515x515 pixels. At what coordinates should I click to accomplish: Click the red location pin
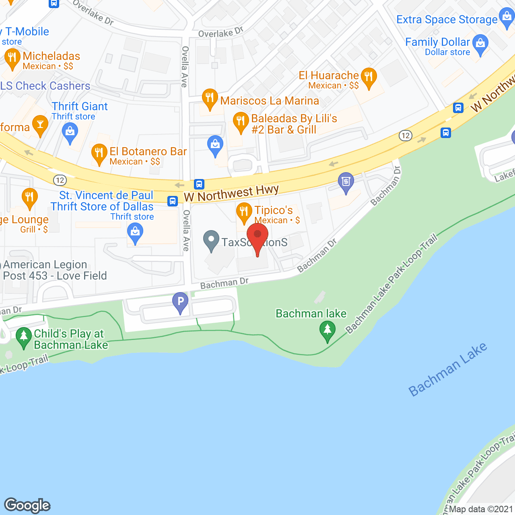(x=257, y=235)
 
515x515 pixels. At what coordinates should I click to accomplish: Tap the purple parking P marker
(x=180, y=301)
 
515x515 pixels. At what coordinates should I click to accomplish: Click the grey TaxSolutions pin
(x=211, y=240)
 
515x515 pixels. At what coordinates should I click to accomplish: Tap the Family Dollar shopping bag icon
(x=480, y=44)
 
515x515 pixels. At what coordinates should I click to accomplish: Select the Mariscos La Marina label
(x=270, y=101)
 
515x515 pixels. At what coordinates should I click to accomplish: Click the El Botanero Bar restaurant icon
(x=99, y=153)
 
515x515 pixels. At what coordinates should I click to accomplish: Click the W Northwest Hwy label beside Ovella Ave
(x=231, y=193)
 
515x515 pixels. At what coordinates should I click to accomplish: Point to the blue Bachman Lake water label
(x=447, y=369)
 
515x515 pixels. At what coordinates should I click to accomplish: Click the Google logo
(x=27, y=505)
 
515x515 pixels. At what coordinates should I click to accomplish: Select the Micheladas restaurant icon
(x=12, y=58)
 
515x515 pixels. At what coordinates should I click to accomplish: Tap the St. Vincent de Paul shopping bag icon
(x=135, y=233)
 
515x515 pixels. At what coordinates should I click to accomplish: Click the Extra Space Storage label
(x=447, y=19)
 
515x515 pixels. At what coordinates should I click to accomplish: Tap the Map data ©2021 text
(x=481, y=509)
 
